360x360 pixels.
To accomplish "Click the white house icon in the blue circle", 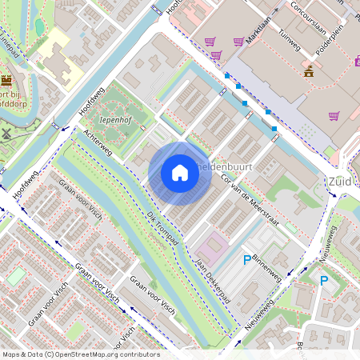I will tap(180, 172).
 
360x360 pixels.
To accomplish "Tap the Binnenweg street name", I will tap(267, 267).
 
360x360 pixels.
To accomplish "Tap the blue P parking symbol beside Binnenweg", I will tap(246, 259).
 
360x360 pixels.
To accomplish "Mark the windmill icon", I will tap(7, 134).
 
